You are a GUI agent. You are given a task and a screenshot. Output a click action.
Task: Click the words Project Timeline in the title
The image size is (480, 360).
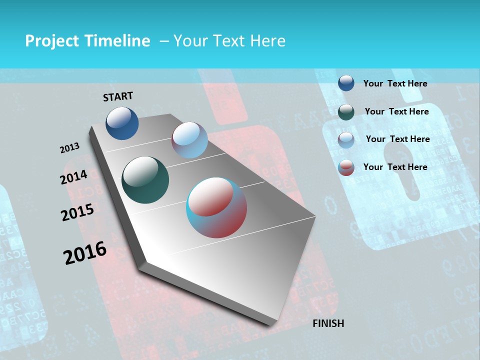[87, 41]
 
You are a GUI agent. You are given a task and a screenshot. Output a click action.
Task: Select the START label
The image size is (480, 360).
[118, 96]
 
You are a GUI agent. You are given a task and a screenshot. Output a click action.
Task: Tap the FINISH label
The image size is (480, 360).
[328, 323]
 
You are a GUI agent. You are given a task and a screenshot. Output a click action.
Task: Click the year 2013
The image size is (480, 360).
[69, 148]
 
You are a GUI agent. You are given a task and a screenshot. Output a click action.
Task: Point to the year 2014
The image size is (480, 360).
[73, 177]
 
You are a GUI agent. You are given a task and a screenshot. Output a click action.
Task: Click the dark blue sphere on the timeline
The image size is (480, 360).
[122, 123]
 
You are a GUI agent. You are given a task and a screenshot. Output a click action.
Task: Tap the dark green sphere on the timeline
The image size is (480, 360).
[145, 180]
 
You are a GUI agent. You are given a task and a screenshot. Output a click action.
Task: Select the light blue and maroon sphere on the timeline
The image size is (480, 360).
[189, 140]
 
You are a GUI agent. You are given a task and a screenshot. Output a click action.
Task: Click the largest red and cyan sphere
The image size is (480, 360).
[216, 207]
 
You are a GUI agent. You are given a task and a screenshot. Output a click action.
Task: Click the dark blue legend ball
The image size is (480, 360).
[346, 83]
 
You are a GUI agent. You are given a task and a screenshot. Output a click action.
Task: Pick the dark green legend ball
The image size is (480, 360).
[346, 111]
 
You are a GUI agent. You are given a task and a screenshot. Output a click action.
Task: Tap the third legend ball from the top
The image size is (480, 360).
[346, 139]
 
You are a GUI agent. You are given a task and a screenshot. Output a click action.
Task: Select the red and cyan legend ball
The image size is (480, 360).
[346, 167]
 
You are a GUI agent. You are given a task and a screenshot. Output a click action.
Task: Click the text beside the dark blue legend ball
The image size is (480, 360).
[395, 84]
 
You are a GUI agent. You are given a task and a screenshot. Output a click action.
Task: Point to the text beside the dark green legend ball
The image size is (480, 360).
[396, 111]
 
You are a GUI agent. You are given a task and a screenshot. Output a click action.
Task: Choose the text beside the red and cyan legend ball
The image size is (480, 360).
[395, 167]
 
